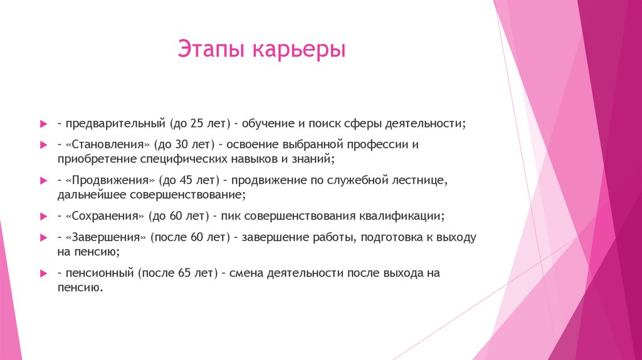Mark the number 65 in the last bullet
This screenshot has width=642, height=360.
[187, 273]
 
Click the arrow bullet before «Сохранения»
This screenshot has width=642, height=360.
[43, 216]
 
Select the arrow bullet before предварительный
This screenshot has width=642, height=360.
[43, 124]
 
